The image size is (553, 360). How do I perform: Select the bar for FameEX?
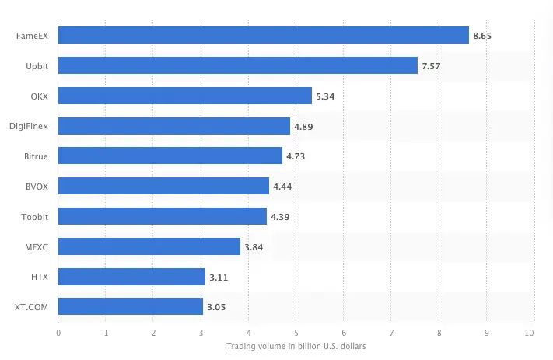[264, 35]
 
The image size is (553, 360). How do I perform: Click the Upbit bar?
[238, 65]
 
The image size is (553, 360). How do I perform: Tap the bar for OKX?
[185, 96]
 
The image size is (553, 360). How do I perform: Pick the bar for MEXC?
[149, 246]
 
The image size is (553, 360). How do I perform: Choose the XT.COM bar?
[131, 306]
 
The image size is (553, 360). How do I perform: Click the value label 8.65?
[482, 36]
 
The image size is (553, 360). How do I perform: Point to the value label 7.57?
[431, 66]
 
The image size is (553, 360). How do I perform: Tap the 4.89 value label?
[303, 126]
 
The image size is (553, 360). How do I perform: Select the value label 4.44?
[282, 187]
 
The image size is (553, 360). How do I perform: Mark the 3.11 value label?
[219, 277]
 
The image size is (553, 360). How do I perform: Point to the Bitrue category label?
[36, 156]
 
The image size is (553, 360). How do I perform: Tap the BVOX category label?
[37, 187]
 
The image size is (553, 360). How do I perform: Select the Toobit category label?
[36, 217]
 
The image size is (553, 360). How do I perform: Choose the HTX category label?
[40, 277]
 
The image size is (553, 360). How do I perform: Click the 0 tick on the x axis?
[58, 333]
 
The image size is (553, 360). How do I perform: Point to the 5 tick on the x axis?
[296, 333]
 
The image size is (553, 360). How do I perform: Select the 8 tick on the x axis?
[439, 333]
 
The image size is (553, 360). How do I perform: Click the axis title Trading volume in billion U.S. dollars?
[296, 346]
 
